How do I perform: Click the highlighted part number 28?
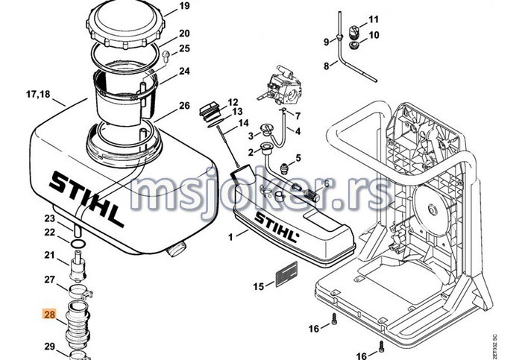49,315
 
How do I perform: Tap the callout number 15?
259,286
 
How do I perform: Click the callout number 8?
326,66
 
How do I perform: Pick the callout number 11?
374,19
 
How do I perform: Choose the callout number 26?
184,106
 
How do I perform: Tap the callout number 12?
233,102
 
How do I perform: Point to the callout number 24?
184,72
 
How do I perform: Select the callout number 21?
49,256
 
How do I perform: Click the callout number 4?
297,132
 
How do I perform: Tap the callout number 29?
49,347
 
